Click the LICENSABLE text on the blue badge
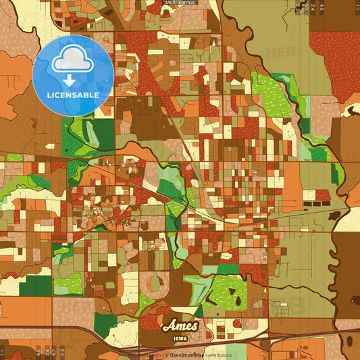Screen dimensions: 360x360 73,95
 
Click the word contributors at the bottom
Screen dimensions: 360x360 218,355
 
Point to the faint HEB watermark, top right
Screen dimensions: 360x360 279,51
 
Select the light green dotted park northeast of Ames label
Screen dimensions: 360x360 230,292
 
